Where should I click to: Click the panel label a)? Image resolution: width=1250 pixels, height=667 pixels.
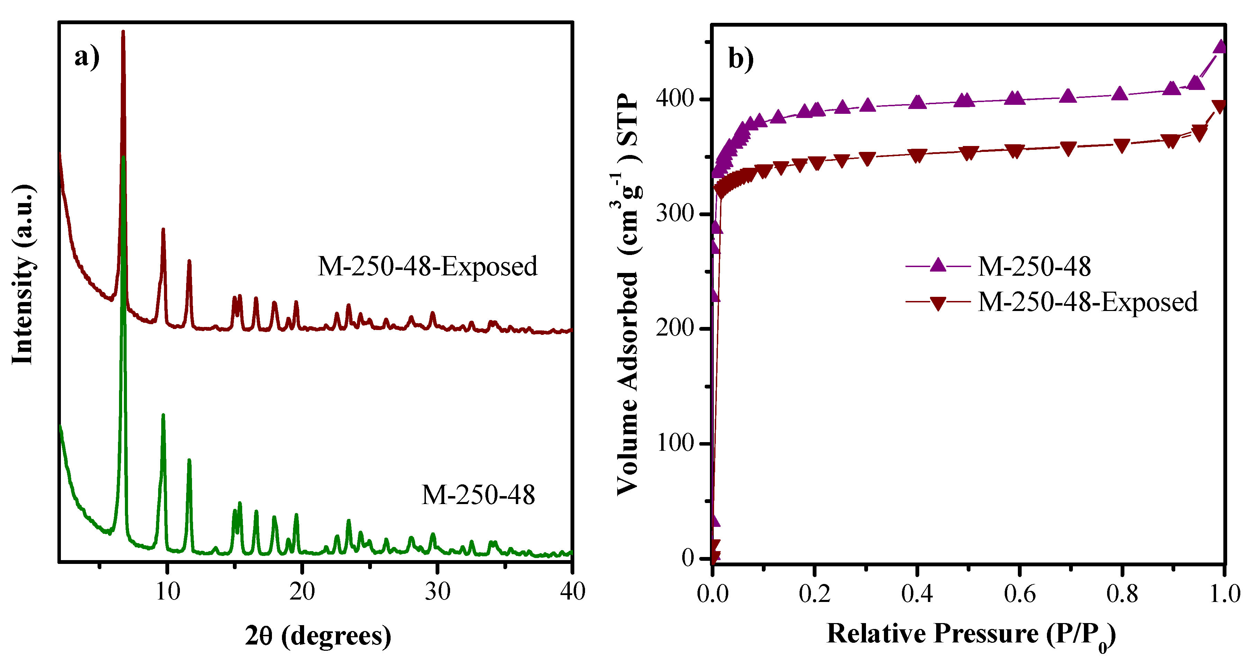point(87,57)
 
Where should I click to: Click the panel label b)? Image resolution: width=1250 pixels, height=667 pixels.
point(741,59)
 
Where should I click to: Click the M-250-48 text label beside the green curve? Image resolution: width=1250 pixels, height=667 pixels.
point(478,495)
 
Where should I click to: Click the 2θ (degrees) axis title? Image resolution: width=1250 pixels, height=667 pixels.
point(318,636)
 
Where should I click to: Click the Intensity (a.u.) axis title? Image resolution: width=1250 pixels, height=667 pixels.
point(23,274)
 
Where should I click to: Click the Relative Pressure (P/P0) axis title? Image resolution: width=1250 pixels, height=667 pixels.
point(970,634)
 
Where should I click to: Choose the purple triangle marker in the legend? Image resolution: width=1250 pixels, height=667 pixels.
point(938,265)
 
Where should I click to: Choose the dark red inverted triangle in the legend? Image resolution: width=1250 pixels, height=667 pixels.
point(938,303)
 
